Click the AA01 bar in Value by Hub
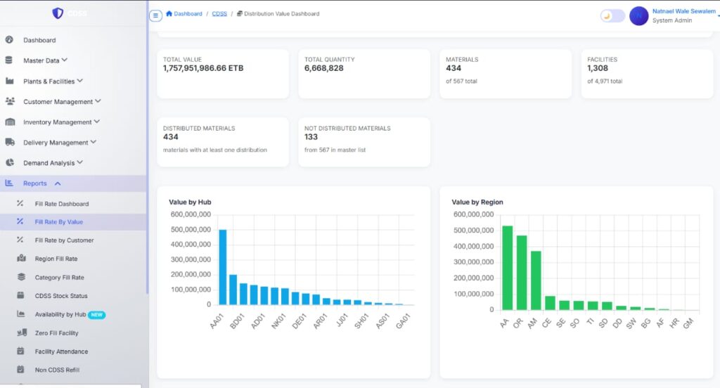[x=223, y=267]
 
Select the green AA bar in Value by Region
[x=508, y=268]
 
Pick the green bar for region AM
[x=536, y=280]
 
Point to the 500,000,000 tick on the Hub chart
[x=191, y=230]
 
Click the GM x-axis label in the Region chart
[x=688, y=323]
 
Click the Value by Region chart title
[x=477, y=202]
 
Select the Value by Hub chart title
[x=190, y=202]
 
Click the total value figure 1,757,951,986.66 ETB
[x=203, y=68]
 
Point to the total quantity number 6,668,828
[x=323, y=68]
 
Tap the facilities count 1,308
[x=598, y=68]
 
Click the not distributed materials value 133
[x=311, y=137]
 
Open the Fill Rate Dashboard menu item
[x=62, y=204]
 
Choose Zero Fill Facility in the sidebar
[x=56, y=333]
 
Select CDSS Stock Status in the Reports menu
[x=61, y=296]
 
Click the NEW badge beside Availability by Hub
[x=96, y=314]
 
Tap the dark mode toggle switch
[x=612, y=16]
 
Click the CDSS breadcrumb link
[x=219, y=14]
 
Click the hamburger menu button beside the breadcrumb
[x=155, y=15]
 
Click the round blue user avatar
[x=638, y=16]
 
